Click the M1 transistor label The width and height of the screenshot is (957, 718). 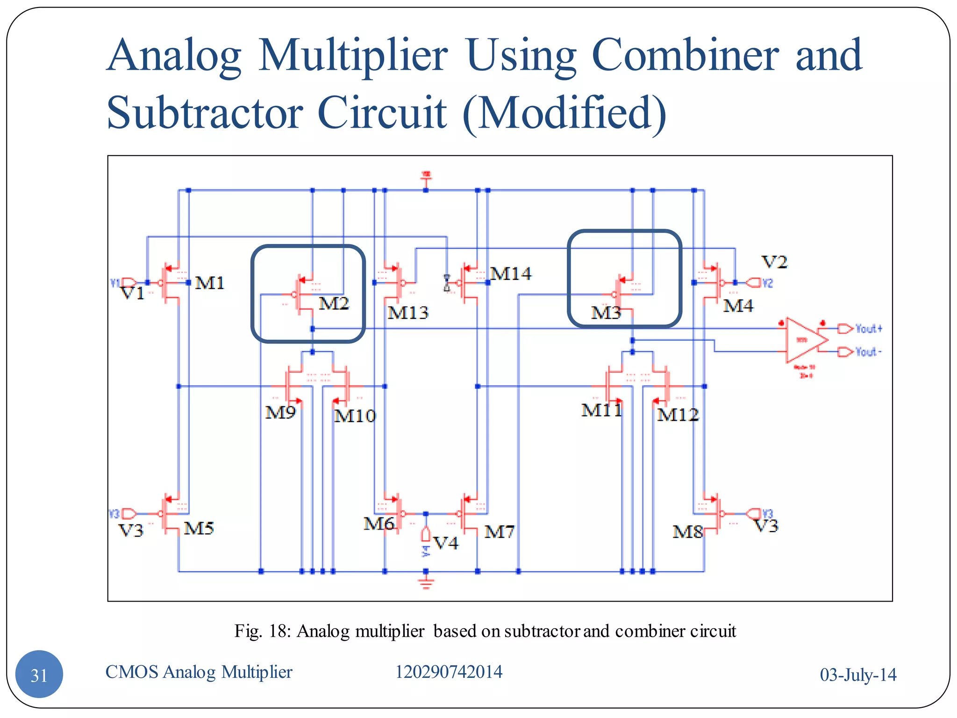tap(210, 283)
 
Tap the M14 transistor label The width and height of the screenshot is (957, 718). tap(510, 273)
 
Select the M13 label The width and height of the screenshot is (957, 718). tap(407, 312)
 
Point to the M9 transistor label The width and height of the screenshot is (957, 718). tap(280, 412)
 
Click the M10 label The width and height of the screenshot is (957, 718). tap(355, 416)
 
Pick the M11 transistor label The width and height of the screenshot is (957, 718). tap(601, 410)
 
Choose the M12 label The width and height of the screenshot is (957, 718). tap(678, 415)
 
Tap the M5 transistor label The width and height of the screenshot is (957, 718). tap(199, 528)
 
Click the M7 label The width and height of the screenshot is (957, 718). tap(499, 531)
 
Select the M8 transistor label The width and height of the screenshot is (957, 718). tap(687, 531)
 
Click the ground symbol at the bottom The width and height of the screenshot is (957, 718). tap(426, 583)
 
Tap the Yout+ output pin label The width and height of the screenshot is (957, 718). tap(868, 329)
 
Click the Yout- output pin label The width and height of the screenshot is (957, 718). tap(868, 352)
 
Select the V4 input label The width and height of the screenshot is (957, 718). tap(445, 543)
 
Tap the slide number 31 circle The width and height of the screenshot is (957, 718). tap(39, 675)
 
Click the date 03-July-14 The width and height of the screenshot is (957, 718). tap(858, 675)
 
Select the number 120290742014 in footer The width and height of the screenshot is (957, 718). tap(449, 672)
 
